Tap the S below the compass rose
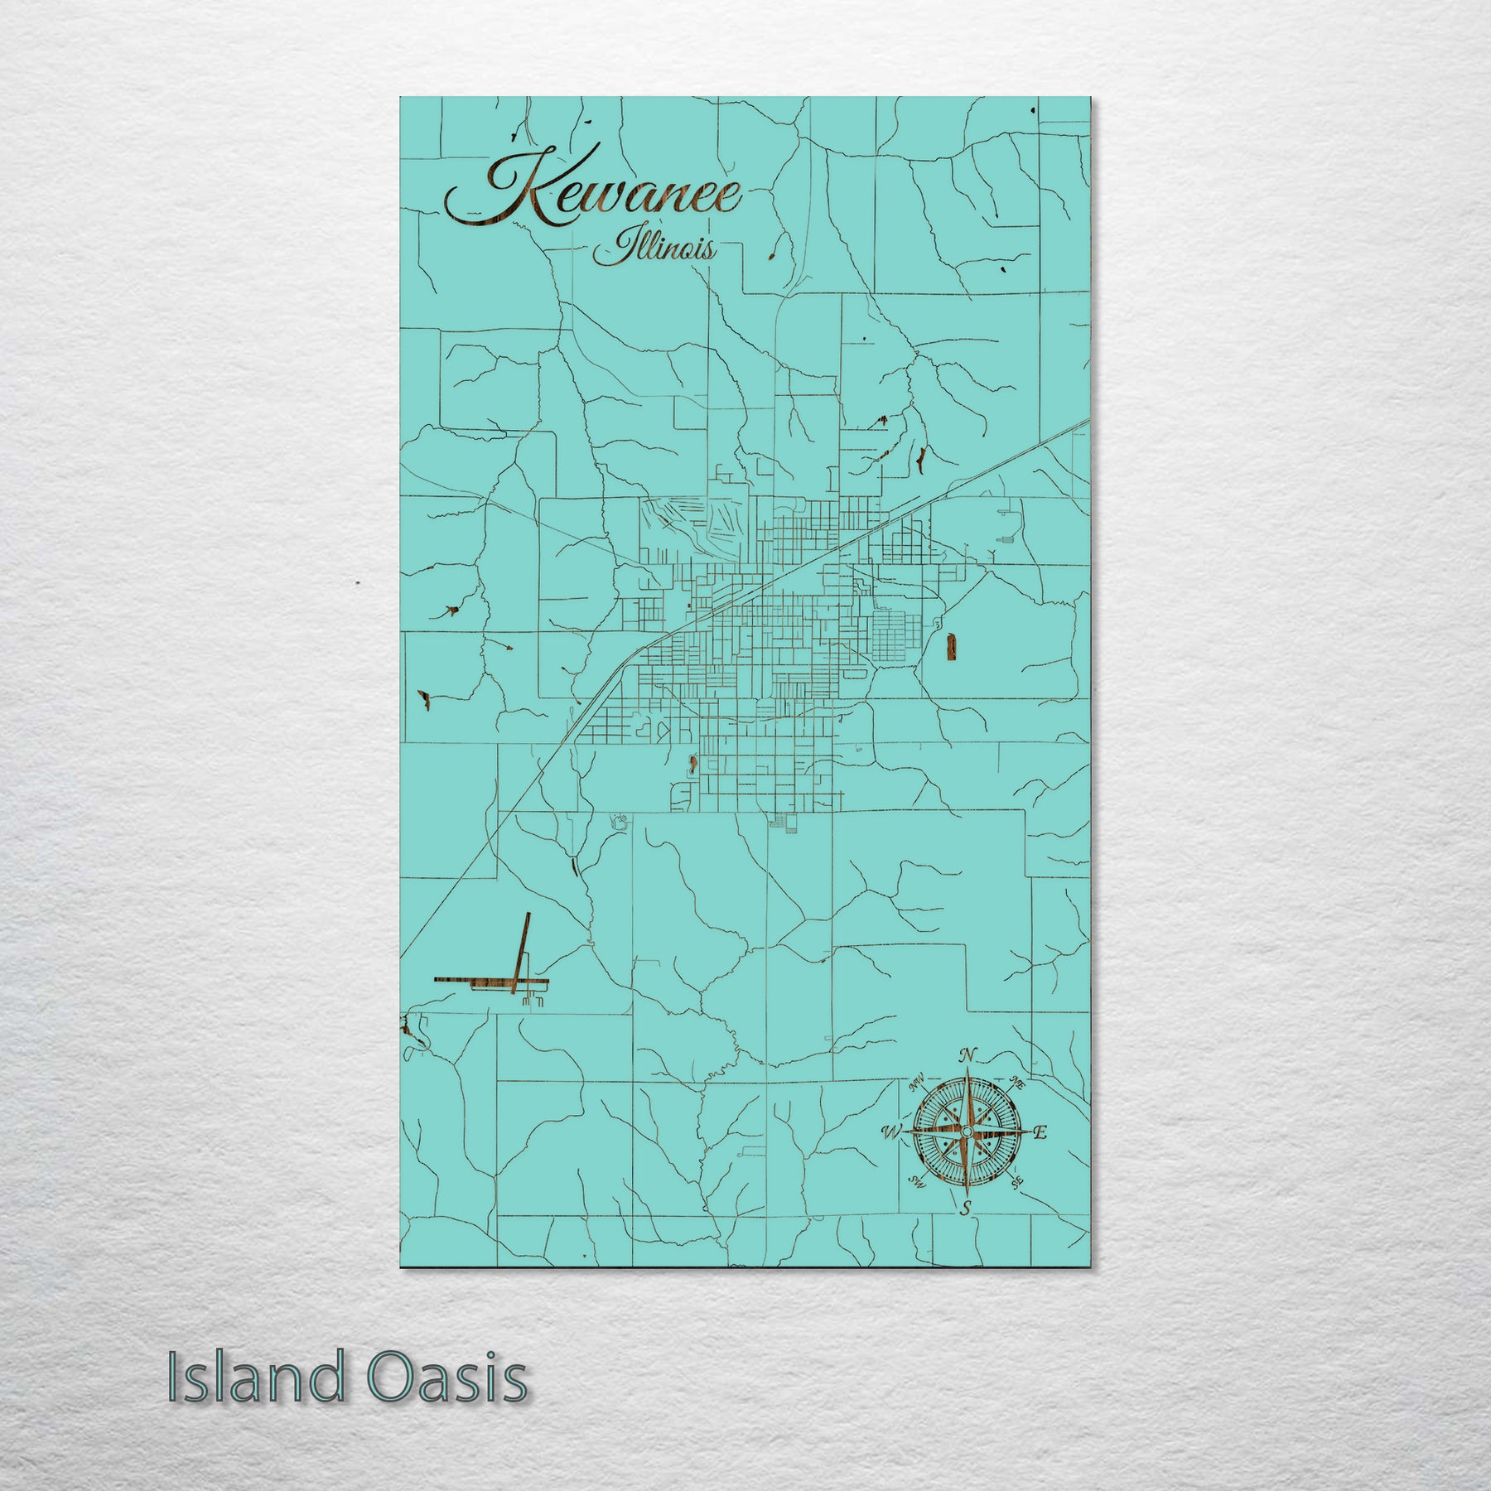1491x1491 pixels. [965, 1209]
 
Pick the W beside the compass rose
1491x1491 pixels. [892, 1132]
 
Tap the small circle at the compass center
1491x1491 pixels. [966, 1132]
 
